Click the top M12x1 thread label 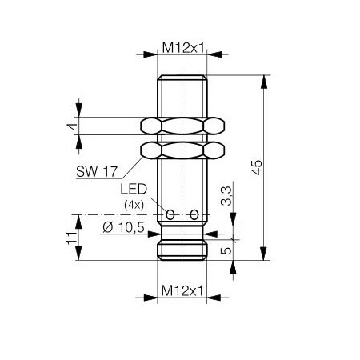tap(183, 48)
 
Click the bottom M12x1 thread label tap(182, 290)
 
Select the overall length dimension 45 tap(257, 167)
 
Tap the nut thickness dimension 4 tap(72, 126)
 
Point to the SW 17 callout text tap(97, 171)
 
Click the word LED tap(134, 189)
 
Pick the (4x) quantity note tap(134, 205)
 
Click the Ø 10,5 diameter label tap(123, 227)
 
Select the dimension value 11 tap(72, 238)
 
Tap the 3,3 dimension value tap(226, 196)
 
